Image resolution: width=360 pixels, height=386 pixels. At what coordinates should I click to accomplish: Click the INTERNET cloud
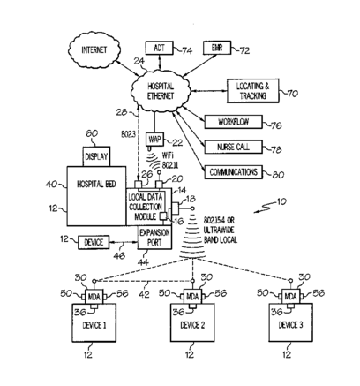(94, 50)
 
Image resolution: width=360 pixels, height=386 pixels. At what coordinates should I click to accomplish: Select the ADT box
(159, 48)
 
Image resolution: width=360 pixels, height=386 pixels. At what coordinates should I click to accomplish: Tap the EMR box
(217, 48)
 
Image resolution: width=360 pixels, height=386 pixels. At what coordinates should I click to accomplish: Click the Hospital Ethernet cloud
(161, 91)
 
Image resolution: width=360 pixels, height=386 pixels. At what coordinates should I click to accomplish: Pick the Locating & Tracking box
(252, 91)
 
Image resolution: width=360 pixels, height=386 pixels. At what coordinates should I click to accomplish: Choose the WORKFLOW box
(233, 122)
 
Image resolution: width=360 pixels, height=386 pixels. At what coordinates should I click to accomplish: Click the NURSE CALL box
(233, 147)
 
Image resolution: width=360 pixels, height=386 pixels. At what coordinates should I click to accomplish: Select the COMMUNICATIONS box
(233, 172)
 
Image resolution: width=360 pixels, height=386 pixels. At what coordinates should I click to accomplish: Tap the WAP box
(154, 140)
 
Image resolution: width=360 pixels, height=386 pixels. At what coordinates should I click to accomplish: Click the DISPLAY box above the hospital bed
(96, 156)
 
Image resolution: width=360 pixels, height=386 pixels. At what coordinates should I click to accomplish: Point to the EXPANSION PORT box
(154, 238)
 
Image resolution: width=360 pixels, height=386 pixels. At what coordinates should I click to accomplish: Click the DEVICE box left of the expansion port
(94, 242)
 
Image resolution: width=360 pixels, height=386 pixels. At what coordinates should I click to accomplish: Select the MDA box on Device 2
(192, 297)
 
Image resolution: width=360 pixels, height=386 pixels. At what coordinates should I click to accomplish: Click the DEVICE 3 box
(290, 322)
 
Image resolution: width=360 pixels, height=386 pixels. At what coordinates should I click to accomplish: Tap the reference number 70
(292, 94)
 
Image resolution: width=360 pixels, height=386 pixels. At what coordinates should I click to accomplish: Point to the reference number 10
(281, 202)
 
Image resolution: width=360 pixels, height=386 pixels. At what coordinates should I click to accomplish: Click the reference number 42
(144, 294)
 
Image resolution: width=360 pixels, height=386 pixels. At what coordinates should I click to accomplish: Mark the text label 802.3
(128, 134)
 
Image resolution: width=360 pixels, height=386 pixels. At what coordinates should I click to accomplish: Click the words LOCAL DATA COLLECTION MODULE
(145, 207)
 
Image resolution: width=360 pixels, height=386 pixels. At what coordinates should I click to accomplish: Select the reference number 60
(92, 133)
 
